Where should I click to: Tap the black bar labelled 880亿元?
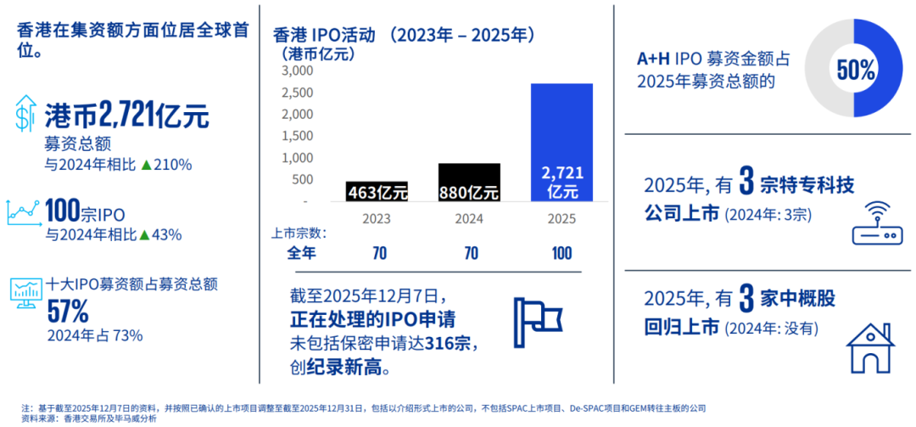469,182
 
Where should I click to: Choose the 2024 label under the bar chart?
470,219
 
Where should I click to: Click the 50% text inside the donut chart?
855,70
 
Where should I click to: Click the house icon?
870,347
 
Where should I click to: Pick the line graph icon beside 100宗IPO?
24,214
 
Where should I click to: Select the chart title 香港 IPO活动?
323,36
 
